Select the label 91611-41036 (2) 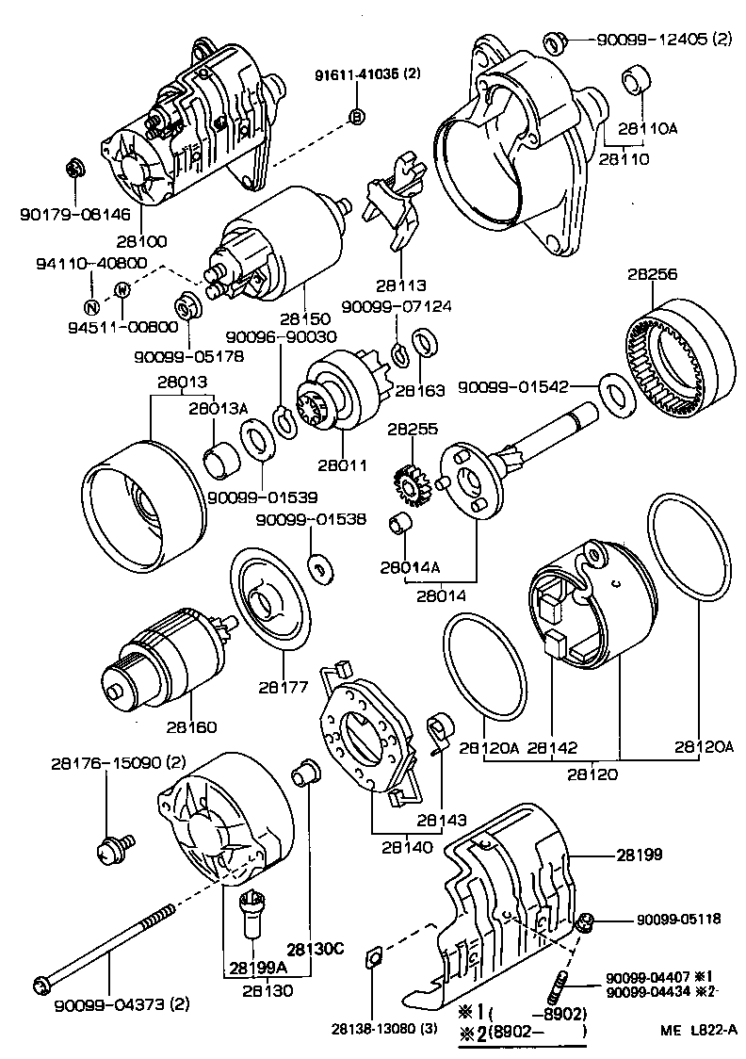click(367, 75)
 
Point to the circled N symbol click(91, 306)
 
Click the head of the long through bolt click(42, 986)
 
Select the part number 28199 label click(640, 855)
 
